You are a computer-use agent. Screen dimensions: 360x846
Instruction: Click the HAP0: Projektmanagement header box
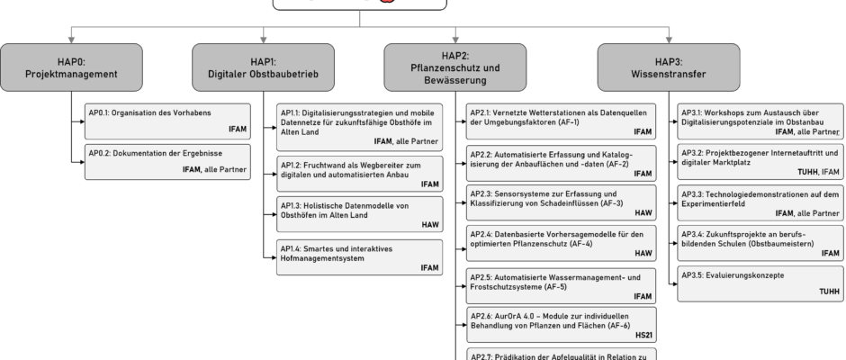pyautogui.click(x=71, y=67)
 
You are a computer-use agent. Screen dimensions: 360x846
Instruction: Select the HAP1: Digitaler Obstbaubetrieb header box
pyautogui.click(x=264, y=67)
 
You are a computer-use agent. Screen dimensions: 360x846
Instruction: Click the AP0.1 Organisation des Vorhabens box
pyautogui.click(x=167, y=121)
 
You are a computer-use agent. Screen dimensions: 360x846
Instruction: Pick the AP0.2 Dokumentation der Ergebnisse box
pyautogui.click(x=167, y=161)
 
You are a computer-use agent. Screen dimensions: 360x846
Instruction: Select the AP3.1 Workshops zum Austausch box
pyautogui.click(x=760, y=121)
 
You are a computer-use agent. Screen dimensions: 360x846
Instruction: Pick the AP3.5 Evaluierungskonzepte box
pyautogui.click(x=760, y=282)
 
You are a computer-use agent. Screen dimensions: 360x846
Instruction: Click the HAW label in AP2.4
pyautogui.click(x=643, y=254)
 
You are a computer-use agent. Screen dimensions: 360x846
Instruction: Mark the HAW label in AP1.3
pyautogui.click(x=430, y=225)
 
